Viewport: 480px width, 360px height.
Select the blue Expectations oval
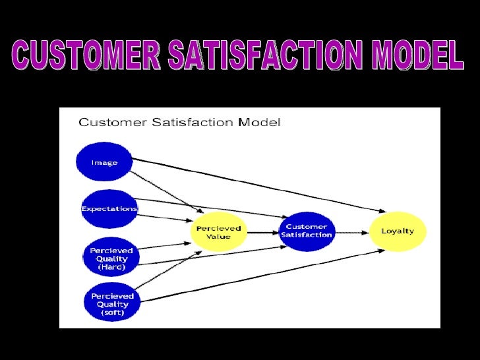(109, 208)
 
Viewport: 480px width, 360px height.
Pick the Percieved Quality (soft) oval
(112, 304)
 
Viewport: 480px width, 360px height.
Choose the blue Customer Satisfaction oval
(307, 231)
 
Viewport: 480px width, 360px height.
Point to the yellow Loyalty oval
(397, 231)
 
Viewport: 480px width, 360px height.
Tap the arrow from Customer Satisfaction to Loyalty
(351, 231)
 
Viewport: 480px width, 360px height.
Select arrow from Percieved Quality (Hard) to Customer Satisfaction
(211, 255)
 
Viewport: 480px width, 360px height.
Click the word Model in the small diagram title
(263, 122)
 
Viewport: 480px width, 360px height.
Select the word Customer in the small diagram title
(107, 122)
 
